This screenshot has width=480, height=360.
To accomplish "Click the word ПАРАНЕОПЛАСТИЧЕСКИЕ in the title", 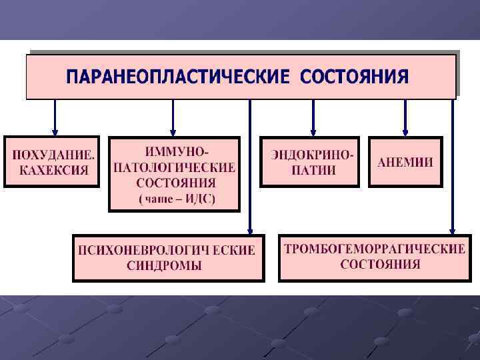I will [177, 77].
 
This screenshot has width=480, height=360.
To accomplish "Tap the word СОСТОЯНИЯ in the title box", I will [354, 77].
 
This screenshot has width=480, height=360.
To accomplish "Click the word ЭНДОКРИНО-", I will [313, 155].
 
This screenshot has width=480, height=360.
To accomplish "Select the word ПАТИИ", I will [313, 170].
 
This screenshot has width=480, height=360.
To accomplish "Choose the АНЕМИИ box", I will [405, 162].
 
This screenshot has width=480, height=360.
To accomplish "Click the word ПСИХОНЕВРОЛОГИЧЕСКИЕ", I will [167, 251].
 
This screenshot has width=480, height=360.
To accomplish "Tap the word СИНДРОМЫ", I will [164, 266].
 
